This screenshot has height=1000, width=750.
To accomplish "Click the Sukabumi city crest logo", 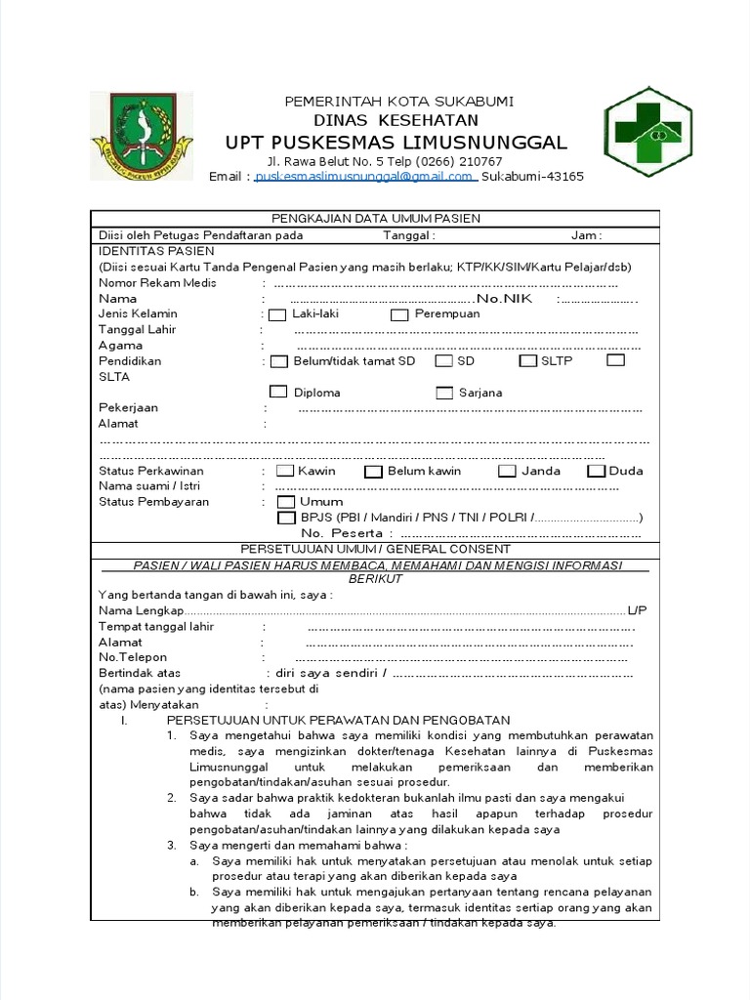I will pyautogui.click(x=143, y=137).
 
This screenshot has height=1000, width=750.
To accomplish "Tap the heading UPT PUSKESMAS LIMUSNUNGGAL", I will pyautogui.click(x=396, y=143).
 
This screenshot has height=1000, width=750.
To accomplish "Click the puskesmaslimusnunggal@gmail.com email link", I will pyautogui.click(x=364, y=177).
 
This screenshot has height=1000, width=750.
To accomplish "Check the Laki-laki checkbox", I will pyautogui.click(x=277, y=314).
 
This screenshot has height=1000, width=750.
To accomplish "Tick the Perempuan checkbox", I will pyautogui.click(x=399, y=314).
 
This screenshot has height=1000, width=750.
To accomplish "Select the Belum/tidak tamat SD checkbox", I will pyautogui.click(x=278, y=361).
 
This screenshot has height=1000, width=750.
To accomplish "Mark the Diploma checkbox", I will pyautogui.click(x=278, y=393).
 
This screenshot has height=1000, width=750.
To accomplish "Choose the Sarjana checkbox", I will pyautogui.click(x=444, y=393).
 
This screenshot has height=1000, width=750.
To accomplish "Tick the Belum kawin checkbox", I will pyautogui.click(x=373, y=472).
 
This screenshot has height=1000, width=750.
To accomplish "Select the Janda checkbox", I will pyautogui.click(x=507, y=472).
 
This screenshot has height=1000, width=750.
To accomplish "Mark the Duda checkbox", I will pyautogui.click(x=596, y=472).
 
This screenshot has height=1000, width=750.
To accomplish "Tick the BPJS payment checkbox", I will pyautogui.click(x=287, y=518).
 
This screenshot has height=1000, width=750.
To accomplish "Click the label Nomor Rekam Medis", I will pyautogui.click(x=157, y=283).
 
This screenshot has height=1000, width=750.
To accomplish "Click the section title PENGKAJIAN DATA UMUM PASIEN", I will pyautogui.click(x=375, y=218).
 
